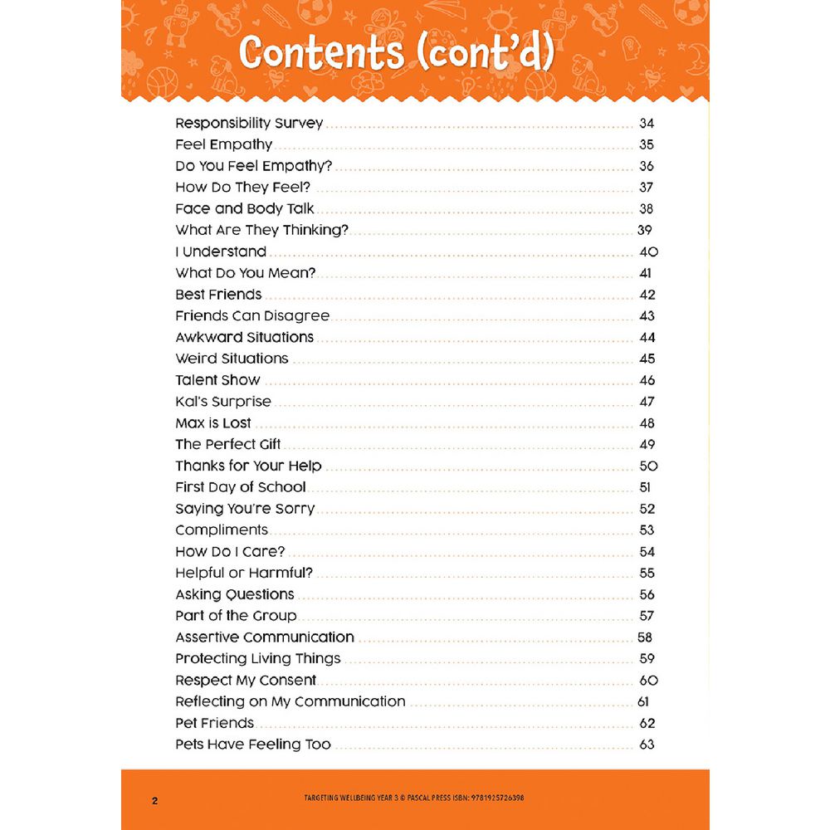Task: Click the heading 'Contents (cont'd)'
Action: pyautogui.click(x=396, y=53)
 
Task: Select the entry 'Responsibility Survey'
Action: pyautogui.click(x=249, y=124)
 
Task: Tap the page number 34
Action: pyautogui.click(x=647, y=124)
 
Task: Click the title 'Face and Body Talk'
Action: pyautogui.click(x=245, y=209)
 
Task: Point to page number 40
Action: pyautogui.click(x=648, y=252)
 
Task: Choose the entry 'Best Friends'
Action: pyautogui.click(x=218, y=295)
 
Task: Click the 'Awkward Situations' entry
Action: pyautogui.click(x=244, y=338)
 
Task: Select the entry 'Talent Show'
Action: pyautogui.click(x=217, y=380)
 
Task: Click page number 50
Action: pyautogui.click(x=648, y=466)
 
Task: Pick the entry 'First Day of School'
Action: pyautogui.click(x=241, y=487)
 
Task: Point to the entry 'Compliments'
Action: pyautogui.click(x=222, y=530)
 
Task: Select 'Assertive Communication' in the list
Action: pyautogui.click(x=265, y=637)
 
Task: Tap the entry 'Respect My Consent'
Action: pyautogui.click(x=246, y=681)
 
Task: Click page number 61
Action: pyautogui.click(x=643, y=702)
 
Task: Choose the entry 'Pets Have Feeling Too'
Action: pyautogui.click(x=253, y=745)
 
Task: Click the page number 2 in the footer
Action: pyautogui.click(x=154, y=801)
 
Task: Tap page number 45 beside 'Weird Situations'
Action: pyautogui.click(x=647, y=359)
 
